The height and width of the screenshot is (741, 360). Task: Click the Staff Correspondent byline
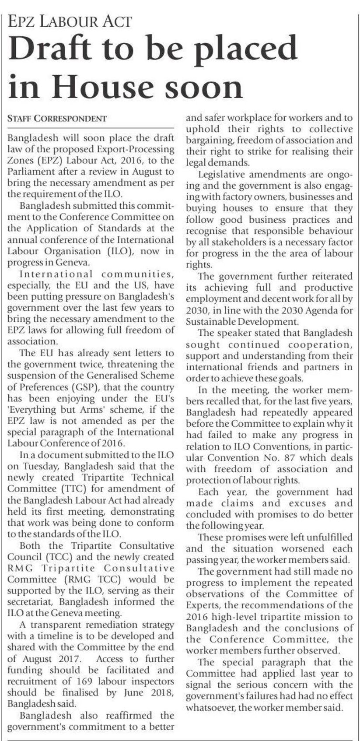57,118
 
